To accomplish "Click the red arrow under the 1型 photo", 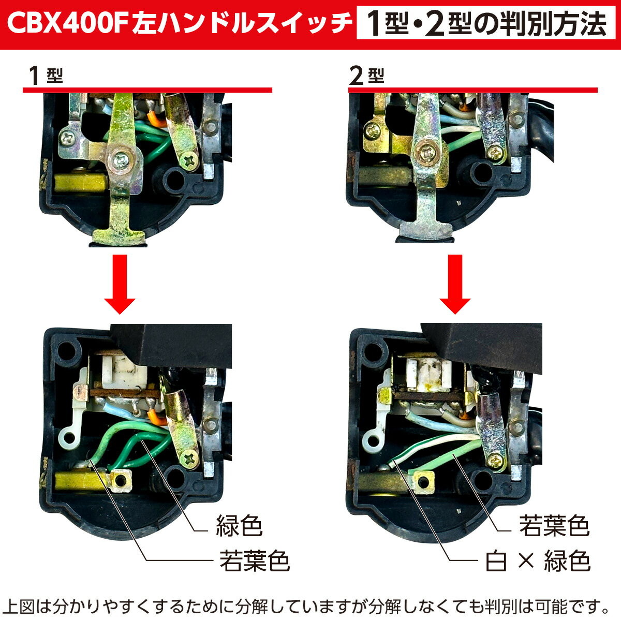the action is point(120,284).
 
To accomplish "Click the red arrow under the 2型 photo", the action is point(455,284).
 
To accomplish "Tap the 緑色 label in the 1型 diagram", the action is point(239,526).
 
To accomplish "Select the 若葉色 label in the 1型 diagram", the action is point(255,561).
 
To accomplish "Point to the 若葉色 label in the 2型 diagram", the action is point(554,526).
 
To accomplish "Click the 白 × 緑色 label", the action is point(538,561).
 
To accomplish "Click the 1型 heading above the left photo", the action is point(46,76).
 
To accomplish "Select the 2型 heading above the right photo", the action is point(367,76).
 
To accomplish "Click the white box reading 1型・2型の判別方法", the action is point(486,23).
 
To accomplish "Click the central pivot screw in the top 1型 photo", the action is point(121,158).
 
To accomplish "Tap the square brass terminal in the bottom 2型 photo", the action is point(422,481).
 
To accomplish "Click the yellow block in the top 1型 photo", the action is point(81,183).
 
